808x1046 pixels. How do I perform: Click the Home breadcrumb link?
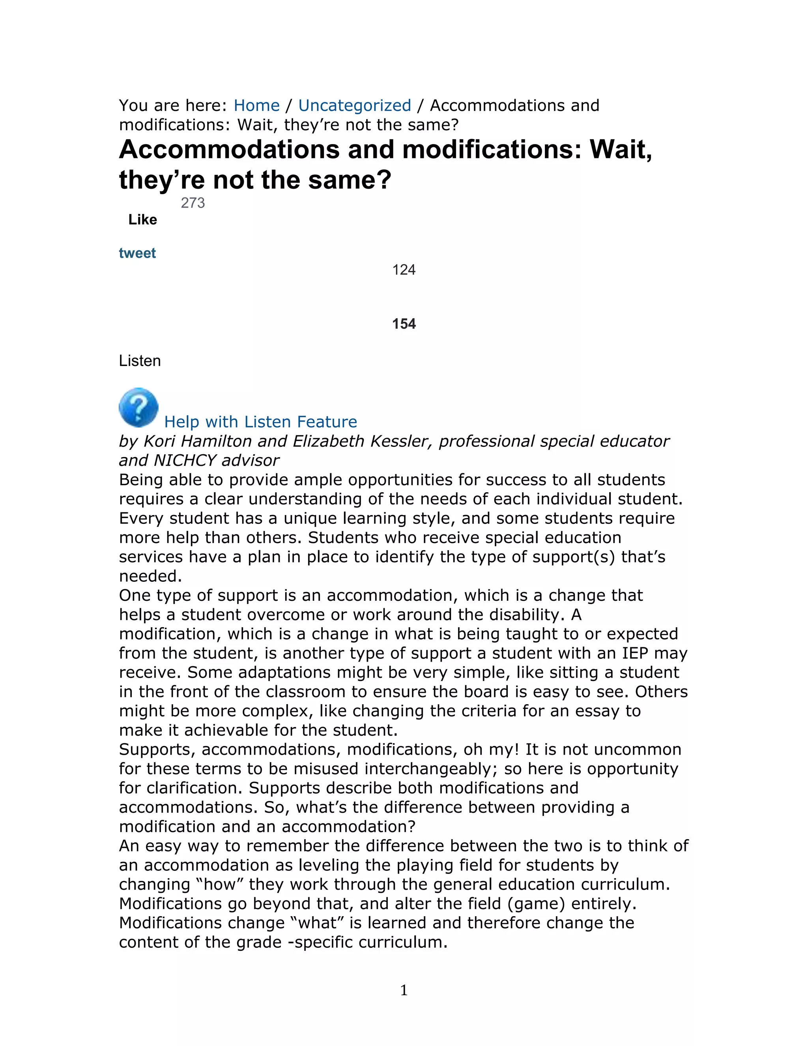(256, 105)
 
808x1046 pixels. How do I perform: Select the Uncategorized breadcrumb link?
(354, 105)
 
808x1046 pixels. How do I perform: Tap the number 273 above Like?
(193, 203)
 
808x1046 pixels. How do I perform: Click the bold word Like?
(143, 220)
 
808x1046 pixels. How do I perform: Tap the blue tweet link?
(137, 253)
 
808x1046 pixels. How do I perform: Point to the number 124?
(404, 270)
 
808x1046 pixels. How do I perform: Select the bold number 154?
(404, 324)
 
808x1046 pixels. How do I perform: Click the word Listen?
(140, 361)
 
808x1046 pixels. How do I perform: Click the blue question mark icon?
(139, 408)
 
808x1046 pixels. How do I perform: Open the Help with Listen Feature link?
(260, 422)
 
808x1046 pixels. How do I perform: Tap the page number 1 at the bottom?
(404, 990)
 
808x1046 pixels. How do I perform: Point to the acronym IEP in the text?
(635, 653)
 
